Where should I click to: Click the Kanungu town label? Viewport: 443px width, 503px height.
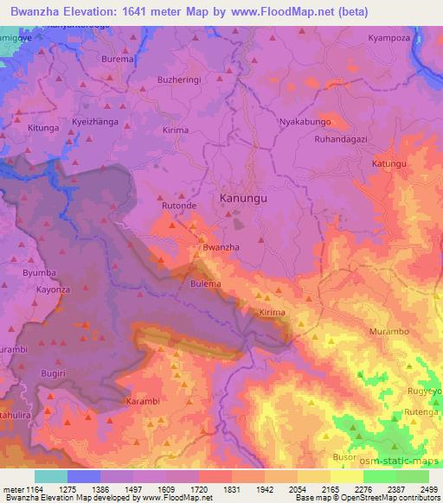click(x=243, y=198)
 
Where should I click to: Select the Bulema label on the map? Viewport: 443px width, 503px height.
click(x=206, y=283)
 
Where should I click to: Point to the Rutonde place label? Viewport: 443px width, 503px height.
click(x=179, y=207)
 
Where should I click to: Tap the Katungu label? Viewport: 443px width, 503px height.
click(x=388, y=163)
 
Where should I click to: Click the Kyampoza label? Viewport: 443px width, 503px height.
click(x=388, y=39)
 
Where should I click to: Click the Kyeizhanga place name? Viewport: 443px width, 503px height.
click(x=96, y=122)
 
